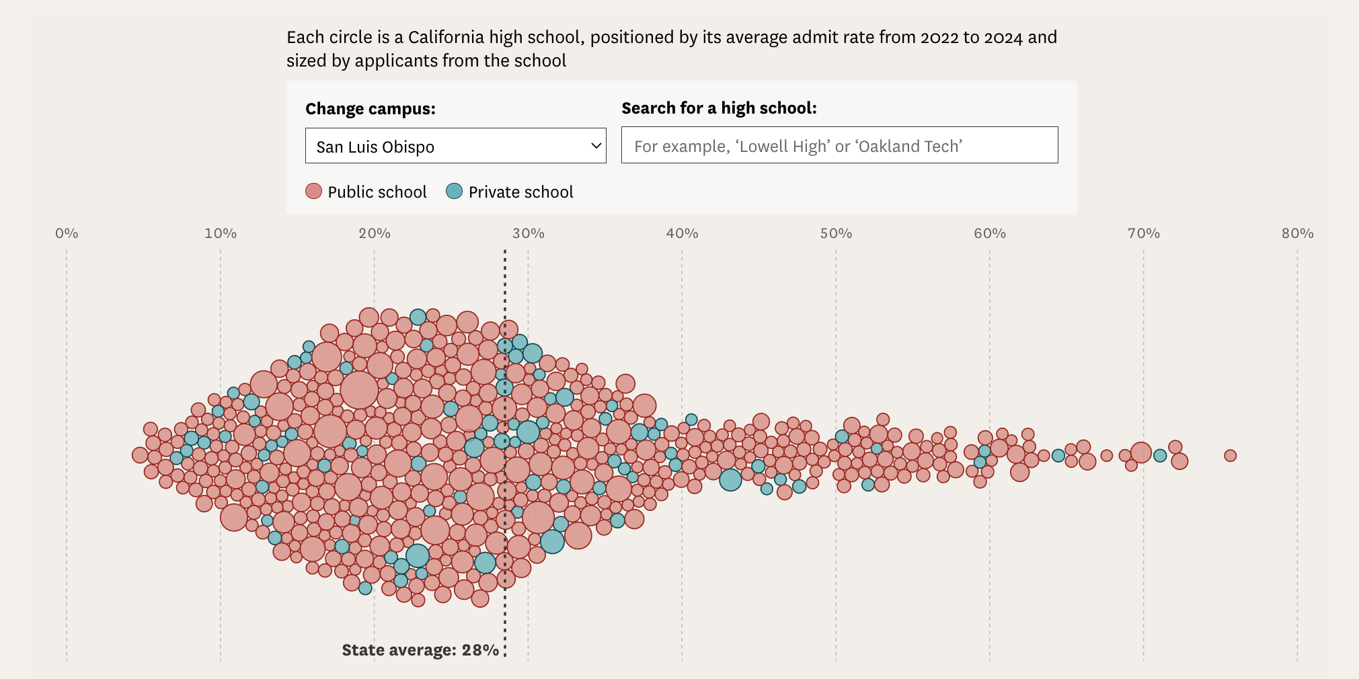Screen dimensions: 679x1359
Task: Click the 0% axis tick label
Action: [67, 233]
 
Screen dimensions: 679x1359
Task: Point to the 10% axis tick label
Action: [221, 233]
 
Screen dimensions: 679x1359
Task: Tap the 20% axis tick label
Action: [375, 233]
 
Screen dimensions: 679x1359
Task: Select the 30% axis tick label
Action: [529, 233]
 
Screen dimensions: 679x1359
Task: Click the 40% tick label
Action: [683, 233]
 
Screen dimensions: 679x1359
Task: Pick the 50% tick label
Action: [836, 233]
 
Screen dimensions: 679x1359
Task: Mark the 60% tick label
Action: [990, 233]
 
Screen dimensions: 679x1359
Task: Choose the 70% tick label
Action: [1144, 233]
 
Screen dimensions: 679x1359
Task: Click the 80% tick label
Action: [1298, 233]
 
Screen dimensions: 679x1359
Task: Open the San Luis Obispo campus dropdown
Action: [455, 146]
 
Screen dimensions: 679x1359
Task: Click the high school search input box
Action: [839, 145]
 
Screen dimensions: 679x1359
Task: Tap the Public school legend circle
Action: [314, 192]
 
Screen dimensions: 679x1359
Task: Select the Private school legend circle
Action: [455, 192]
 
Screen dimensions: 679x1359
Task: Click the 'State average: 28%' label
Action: [420, 650]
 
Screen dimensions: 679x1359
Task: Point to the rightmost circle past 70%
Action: [1231, 456]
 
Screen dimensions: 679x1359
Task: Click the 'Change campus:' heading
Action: [371, 109]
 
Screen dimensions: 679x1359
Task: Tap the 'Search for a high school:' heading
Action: [719, 108]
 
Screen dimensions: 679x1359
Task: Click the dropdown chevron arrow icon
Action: [596, 146]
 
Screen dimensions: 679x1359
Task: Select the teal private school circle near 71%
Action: [1160, 456]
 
